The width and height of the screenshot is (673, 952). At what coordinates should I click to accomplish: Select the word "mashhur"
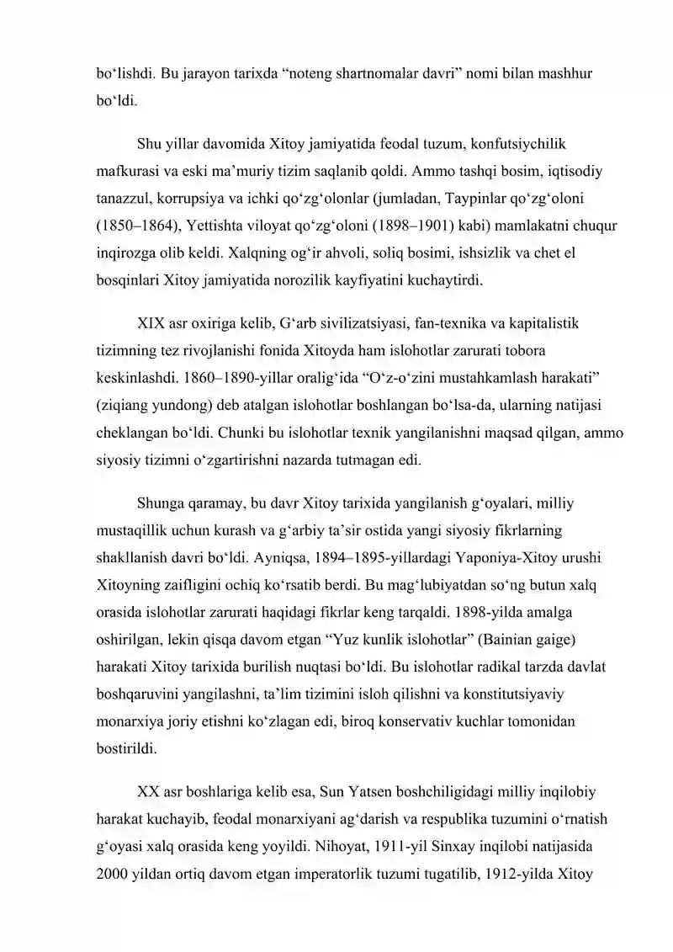point(562,73)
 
